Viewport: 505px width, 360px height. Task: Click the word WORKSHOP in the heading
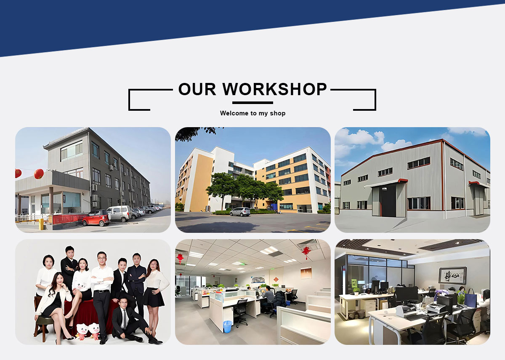(274, 89)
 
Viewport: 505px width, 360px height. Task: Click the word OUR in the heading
(197, 89)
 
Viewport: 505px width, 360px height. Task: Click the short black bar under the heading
(252, 103)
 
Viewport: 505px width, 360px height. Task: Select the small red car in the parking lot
(96, 218)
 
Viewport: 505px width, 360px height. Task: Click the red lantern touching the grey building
(39, 173)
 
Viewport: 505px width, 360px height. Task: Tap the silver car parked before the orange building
(240, 212)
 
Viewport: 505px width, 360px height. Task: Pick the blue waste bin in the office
(228, 326)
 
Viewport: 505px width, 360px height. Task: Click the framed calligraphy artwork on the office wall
(452, 275)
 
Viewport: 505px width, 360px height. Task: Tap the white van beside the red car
(120, 213)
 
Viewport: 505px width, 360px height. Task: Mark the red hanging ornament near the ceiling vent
(306, 253)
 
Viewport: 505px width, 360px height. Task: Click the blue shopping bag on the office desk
(470, 299)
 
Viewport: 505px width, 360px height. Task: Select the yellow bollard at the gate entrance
(41, 224)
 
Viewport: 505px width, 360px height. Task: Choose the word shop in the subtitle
(278, 113)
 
